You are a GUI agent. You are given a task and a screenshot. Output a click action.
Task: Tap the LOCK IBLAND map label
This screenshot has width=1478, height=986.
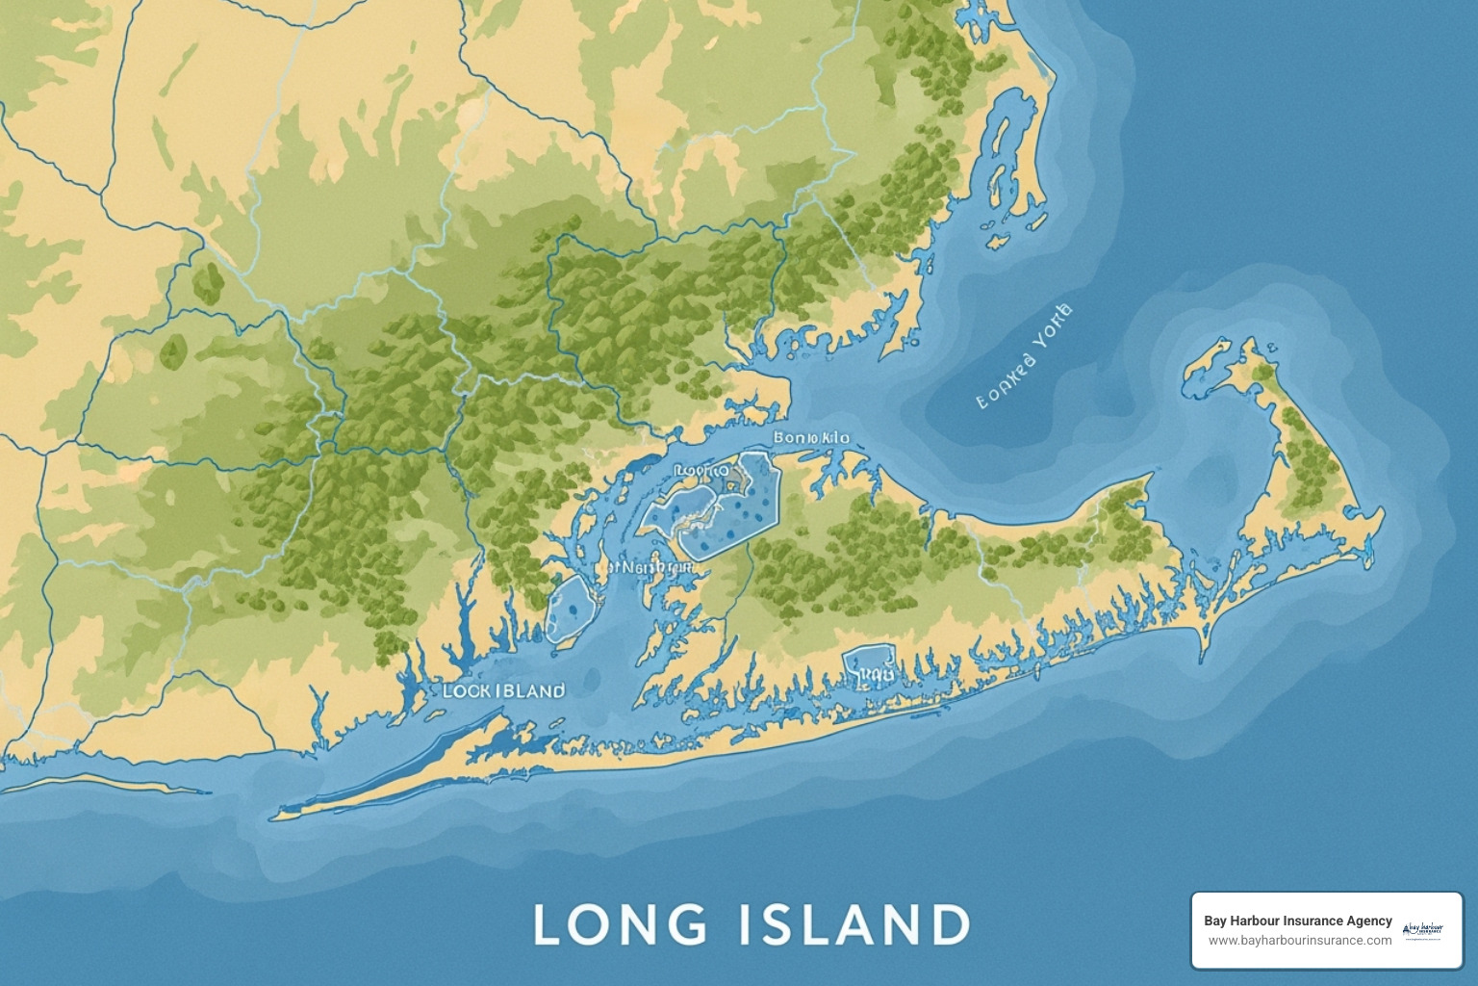tap(503, 691)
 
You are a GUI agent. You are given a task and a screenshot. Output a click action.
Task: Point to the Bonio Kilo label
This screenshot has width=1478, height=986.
tap(811, 438)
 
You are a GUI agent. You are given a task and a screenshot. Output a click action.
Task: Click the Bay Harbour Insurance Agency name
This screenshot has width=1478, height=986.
tap(1297, 921)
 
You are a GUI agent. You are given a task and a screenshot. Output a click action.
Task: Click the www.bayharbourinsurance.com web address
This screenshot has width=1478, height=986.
tap(1299, 940)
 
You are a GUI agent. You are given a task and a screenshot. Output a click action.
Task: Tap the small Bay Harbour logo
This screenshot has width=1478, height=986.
tap(1422, 930)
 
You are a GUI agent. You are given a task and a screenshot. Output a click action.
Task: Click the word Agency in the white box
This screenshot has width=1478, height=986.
tap(1369, 921)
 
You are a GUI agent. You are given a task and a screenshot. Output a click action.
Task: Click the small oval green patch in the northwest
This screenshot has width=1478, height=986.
tap(206, 280)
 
